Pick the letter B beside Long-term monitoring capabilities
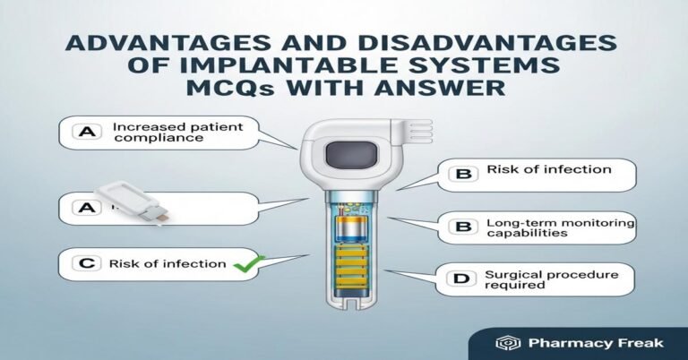coord(462,227)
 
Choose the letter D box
coord(462,280)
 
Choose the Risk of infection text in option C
coord(167,263)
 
